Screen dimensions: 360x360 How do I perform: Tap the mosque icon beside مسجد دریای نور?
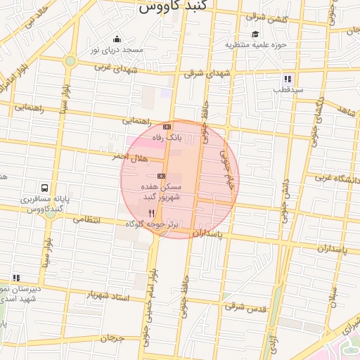(117, 39)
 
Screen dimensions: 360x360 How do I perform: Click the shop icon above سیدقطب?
(288, 79)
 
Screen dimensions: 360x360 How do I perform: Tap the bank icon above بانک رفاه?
(167, 127)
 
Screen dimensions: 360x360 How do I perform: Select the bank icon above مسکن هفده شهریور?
(161, 175)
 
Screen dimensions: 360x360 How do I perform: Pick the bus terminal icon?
(45, 188)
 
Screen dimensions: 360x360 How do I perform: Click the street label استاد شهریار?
(108, 295)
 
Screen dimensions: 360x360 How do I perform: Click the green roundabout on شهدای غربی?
(70, 61)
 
